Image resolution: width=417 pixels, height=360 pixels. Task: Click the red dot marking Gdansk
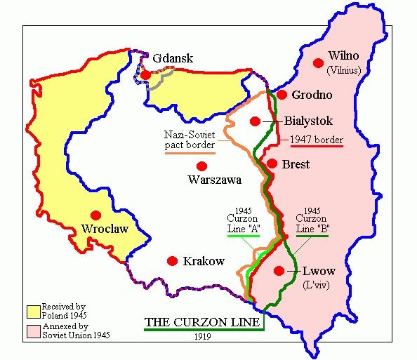tap(145, 74)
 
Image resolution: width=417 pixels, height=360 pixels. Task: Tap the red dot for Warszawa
tap(202, 166)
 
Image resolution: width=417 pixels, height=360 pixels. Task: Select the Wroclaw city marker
tap(96, 215)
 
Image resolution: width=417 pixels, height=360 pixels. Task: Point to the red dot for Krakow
tap(172, 260)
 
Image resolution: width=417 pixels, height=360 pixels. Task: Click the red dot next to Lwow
tap(279, 271)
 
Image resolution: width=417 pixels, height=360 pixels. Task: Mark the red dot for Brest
tap(270, 164)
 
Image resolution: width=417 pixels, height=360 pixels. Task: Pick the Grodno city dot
tap(282, 95)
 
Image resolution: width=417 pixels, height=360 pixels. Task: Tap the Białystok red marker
tap(255, 121)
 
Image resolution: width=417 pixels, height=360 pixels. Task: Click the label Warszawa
tap(215, 180)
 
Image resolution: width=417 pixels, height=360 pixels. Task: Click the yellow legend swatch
tap(33, 311)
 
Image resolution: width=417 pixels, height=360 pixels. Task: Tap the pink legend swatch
tap(33, 331)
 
